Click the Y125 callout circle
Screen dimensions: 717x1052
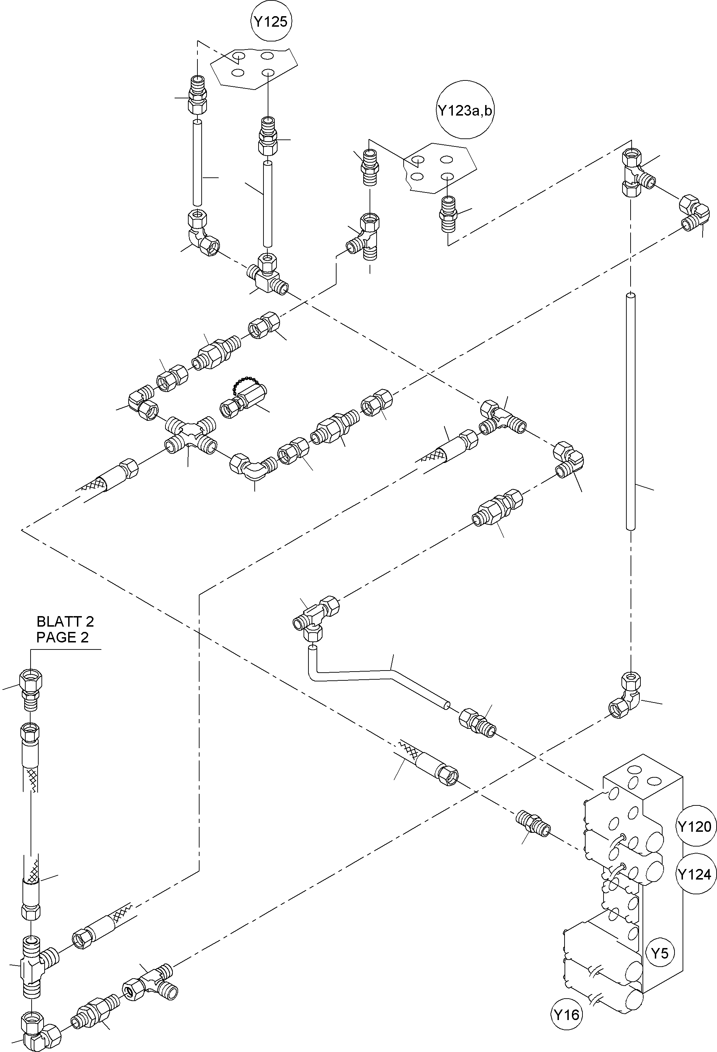(x=271, y=22)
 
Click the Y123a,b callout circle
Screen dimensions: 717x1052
(x=465, y=110)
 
